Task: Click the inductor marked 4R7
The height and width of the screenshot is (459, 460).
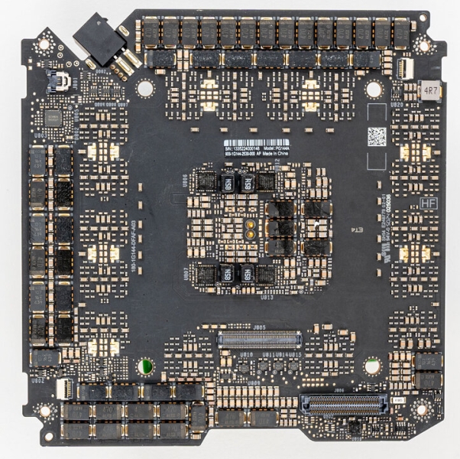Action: tap(432, 91)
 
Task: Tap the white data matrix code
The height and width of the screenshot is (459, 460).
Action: tap(377, 137)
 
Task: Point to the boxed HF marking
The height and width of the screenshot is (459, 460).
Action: tap(430, 205)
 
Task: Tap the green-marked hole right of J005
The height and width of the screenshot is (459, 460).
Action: tap(371, 366)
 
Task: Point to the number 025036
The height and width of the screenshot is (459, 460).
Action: tap(395, 204)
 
